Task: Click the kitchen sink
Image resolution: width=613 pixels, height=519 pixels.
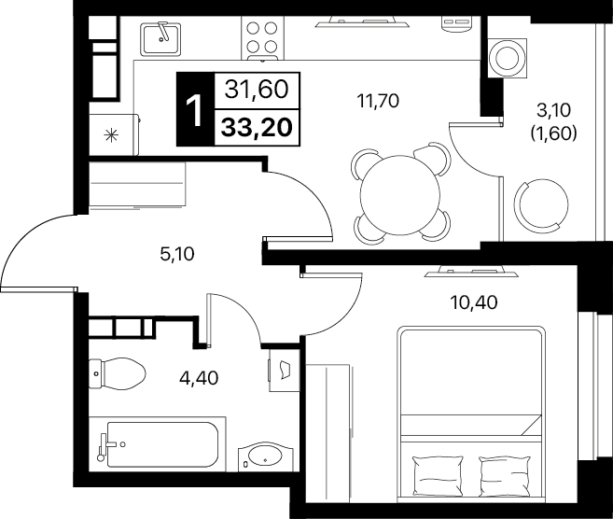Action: (161, 38)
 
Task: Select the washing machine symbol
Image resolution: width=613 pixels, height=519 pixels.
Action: (507, 58)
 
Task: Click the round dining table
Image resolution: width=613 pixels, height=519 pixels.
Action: (400, 195)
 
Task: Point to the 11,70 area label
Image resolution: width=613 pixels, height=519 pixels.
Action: (378, 101)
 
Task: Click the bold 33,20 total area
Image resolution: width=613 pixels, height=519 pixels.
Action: (257, 128)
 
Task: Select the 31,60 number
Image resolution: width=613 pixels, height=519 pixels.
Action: (257, 90)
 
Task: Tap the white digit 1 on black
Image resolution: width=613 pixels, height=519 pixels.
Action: (194, 111)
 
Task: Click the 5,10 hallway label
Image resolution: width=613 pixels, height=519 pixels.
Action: (177, 254)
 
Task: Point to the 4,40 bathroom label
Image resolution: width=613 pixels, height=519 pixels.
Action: (199, 378)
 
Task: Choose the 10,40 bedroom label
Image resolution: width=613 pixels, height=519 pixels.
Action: (474, 302)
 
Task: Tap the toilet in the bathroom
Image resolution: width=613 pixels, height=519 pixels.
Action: (117, 373)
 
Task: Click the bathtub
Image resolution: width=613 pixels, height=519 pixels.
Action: (158, 444)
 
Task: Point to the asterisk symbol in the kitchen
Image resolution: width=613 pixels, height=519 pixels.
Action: (111, 135)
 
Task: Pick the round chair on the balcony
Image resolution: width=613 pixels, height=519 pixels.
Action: (540, 205)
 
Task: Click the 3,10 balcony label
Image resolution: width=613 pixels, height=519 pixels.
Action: (554, 111)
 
